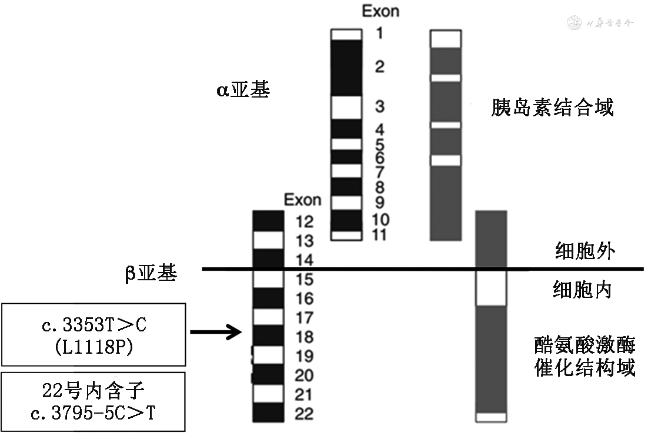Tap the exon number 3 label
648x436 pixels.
(380, 106)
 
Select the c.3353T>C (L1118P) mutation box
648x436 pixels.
(94, 334)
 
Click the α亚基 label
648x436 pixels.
(242, 90)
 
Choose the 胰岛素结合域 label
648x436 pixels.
(552, 108)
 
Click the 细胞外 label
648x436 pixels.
(584, 251)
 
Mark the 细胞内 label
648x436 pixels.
(582, 290)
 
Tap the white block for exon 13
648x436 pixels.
(268, 240)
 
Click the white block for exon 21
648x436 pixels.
(268, 393)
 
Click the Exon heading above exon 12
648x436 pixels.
(302, 200)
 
